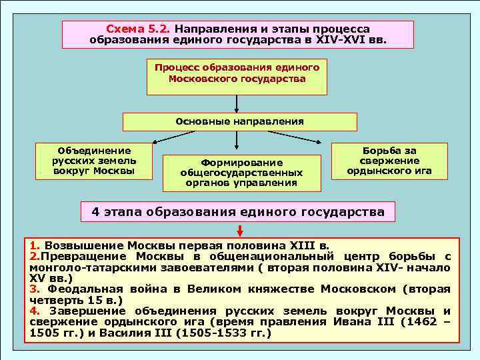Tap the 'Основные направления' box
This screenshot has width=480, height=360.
tap(239, 122)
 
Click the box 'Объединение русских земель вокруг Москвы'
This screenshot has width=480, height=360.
tap(94, 161)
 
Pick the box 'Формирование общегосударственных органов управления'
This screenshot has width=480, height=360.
tap(241, 172)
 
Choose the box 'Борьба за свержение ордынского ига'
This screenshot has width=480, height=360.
tap(389, 161)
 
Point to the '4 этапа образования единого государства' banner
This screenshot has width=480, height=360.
tap(238, 212)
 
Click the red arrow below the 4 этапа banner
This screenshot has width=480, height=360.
tap(239, 231)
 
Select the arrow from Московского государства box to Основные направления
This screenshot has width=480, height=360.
tap(237, 103)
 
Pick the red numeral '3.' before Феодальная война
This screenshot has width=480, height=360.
tap(35, 289)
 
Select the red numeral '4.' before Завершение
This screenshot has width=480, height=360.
tap(35, 311)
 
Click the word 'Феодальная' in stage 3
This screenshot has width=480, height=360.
tap(81, 289)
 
